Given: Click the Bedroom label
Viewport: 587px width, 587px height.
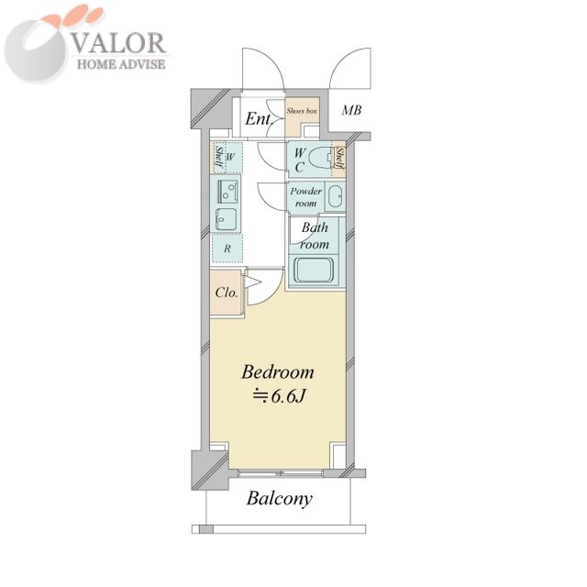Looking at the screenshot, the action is [x=278, y=372].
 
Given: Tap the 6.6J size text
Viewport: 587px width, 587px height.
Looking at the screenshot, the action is [x=280, y=396].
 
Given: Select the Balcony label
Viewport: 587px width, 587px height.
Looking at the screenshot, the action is [x=279, y=499].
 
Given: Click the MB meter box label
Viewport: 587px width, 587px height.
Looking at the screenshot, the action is [x=352, y=110].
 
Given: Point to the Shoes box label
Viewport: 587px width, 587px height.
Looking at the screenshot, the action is [x=302, y=111].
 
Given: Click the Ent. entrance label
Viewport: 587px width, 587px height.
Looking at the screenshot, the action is [x=258, y=119].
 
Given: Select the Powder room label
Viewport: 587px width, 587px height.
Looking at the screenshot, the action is [x=305, y=197].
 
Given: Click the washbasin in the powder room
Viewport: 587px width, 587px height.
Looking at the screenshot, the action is [x=335, y=196].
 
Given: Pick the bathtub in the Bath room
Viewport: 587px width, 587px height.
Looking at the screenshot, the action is [x=314, y=270].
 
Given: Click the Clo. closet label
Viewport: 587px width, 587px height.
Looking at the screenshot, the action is [x=227, y=293].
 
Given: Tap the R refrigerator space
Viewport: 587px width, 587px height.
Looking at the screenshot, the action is [x=227, y=249].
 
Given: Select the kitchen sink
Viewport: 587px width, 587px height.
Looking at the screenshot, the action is [x=227, y=219].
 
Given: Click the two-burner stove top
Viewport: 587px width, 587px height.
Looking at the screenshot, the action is [x=227, y=191].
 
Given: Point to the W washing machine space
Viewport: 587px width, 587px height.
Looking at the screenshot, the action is [x=230, y=157].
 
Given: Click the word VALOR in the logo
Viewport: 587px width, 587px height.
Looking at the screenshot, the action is [x=117, y=43].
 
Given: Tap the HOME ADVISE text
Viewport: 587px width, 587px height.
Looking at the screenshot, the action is [x=121, y=64].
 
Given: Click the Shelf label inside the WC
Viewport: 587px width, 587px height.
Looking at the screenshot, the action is [x=339, y=158].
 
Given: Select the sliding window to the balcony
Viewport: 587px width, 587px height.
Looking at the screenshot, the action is [x=280, y=473].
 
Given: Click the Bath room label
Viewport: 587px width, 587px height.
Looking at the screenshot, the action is [x=315, y=236].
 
